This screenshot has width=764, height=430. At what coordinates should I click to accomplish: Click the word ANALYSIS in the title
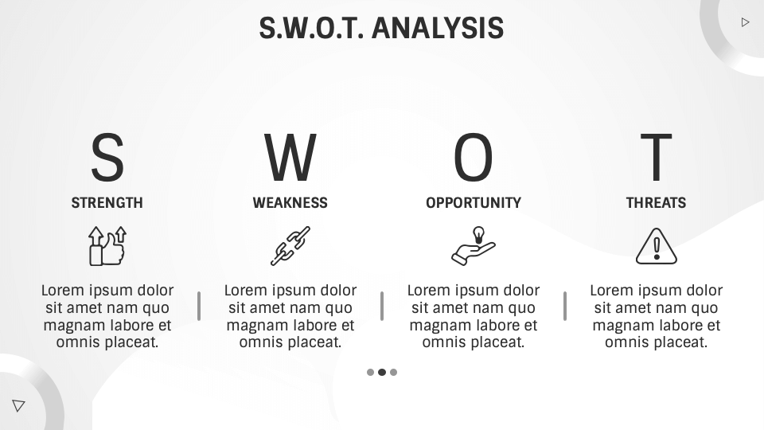click(438, 28)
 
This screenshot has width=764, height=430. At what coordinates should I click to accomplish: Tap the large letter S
click(107, 158)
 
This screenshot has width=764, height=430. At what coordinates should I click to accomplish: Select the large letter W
click(290, 158)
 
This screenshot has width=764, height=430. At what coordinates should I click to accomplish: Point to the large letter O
click(474, 158)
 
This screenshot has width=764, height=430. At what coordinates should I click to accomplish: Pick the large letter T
click(657, 158)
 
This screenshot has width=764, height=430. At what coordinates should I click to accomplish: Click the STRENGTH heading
click(107, 203)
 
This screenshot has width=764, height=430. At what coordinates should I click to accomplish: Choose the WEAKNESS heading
click(290, 203)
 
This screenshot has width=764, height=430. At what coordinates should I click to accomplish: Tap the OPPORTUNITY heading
click(474, 203)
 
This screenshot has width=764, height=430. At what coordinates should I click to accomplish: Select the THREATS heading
click(657, 203)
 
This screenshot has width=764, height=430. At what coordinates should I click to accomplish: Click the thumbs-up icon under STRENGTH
click(107, 246)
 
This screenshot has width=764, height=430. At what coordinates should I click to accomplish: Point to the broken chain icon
click(290, 246)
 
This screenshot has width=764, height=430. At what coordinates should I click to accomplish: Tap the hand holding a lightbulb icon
click(474, 246)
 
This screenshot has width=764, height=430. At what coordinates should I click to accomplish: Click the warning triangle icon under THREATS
click(657, 246)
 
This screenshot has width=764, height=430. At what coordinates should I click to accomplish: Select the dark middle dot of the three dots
click(382, 372)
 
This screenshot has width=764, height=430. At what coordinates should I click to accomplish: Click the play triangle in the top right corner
click(745, 22)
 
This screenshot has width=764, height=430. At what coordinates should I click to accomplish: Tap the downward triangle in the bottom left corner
click(18, 405)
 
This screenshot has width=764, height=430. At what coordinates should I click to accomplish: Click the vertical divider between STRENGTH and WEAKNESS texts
click(199, 306)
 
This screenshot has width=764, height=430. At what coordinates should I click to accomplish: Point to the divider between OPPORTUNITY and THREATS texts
click(565, 306)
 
